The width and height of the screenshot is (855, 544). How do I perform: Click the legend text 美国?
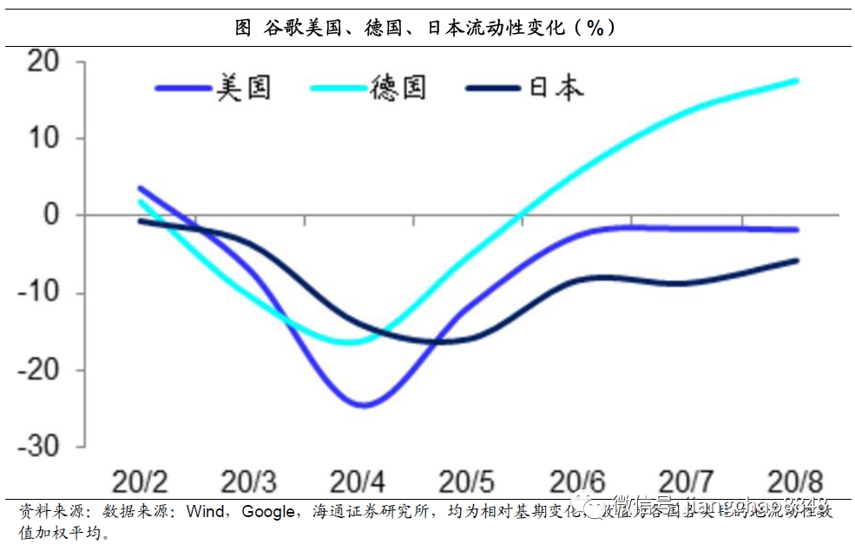(244, 88)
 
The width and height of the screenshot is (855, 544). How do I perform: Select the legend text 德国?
(398, 88)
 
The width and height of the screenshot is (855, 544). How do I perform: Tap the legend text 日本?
(556, 88)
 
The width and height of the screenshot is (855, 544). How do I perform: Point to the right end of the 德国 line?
(797, 81)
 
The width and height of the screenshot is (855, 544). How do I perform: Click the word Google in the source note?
(268, 512)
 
